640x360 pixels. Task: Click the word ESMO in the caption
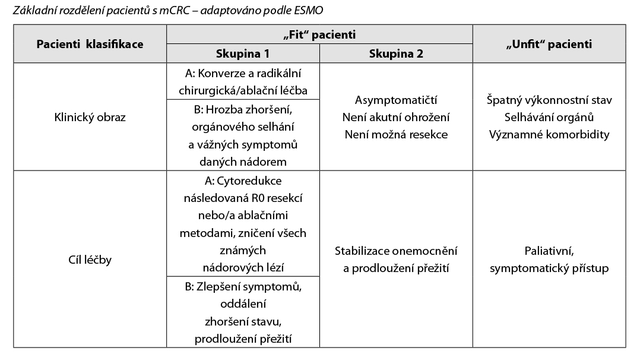click(x=309, y=10)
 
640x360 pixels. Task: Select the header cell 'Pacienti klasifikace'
click(x=90, y=44)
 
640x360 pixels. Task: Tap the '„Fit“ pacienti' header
click(x=319, y=35)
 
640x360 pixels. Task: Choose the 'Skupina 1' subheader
click(x=243, y=53)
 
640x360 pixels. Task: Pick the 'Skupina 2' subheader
click(x=396, y=53)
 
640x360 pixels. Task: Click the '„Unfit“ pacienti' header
click(x=549, y=44)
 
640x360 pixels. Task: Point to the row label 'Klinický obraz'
click(x=90, y=117)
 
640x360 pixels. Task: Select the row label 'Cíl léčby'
click(x=90, y=260)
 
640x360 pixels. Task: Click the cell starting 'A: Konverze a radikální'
click(x=243, y=81)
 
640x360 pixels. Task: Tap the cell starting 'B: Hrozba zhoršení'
click(x=243, y=135)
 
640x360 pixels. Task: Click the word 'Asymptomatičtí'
click(x=396, y=100)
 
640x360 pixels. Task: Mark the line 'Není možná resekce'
click(x=396, y=134)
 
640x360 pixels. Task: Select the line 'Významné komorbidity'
click(x=549, y=134)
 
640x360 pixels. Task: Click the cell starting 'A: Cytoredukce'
click(x=243, y=224)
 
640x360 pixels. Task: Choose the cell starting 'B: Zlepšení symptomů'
click(x=243, y=312)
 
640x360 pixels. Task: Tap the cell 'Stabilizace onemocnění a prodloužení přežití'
click(x=396, y=260)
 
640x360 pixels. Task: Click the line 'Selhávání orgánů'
click(x=549, y=117)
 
